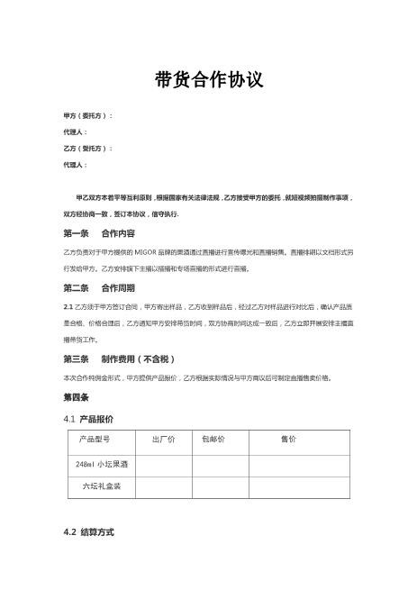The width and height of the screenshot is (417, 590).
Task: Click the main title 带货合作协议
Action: click(208, 81)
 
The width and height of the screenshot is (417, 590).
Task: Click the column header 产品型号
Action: click(95, 439)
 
